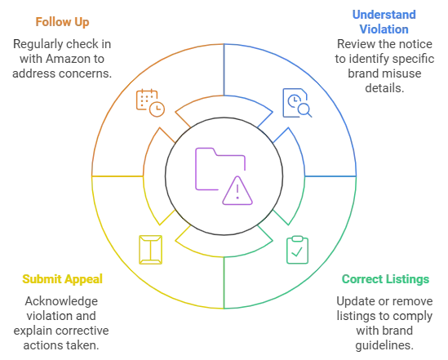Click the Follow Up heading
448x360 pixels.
pos(62,22)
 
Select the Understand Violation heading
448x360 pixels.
pos(384,22)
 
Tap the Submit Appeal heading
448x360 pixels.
pos(62,279)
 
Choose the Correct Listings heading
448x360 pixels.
pos(385,279)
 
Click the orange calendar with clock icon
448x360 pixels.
pos(150,103)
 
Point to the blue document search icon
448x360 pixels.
pos(297,103)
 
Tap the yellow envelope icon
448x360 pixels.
pos(151,250)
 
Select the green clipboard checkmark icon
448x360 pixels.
pos(297,250)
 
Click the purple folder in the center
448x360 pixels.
pos(220,169)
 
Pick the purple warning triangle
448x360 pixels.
pos(237,190)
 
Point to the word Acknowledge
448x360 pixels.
pos(61,301)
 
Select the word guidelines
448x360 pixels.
pos(384,345)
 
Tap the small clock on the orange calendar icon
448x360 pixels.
pos(157,109)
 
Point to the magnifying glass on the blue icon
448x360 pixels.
pos(304,110)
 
